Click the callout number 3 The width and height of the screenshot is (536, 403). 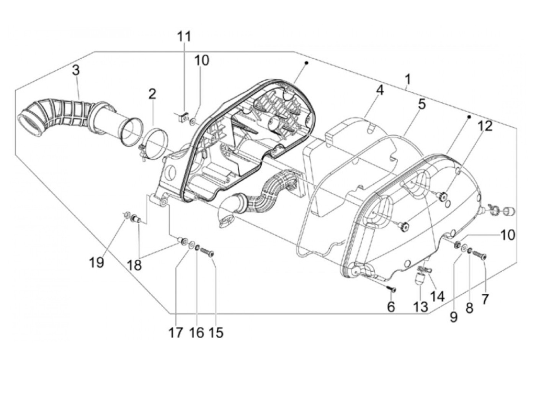76,70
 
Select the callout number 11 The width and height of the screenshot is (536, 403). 184,37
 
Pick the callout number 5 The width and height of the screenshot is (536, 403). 422,104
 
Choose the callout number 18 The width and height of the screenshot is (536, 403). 134,265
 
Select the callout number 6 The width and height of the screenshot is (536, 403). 391,306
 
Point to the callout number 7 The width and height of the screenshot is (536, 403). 485,299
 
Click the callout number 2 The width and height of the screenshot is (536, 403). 152,94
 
